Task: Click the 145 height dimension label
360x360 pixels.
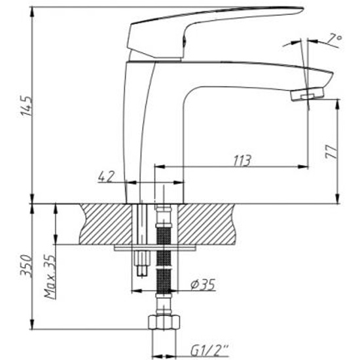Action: click(26, 106)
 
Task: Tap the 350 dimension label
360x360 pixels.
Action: click(26, 266)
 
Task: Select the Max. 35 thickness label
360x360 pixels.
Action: click(50, 276)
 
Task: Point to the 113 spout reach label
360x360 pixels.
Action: click(242, 160)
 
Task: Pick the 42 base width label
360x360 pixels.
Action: click(106, 177)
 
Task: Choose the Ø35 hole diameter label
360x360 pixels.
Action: click(203, 285)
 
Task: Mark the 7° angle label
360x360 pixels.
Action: click(334, 39)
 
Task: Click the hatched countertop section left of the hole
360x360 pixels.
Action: click(106, 224)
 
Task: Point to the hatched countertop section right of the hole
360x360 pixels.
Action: click(207, 224)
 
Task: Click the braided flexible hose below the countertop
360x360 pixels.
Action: click(164, 259)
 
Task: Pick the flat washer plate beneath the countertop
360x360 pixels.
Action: click(155, 248)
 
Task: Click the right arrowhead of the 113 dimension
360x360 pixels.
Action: click(303, 167)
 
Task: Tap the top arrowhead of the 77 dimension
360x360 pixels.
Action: click(337, 105)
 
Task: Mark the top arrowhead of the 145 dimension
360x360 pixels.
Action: click(32, 12)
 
